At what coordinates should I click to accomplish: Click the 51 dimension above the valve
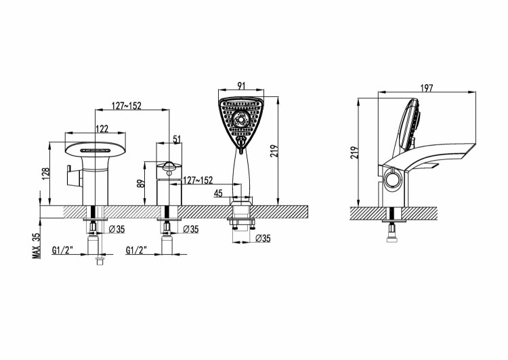tap(177, 139)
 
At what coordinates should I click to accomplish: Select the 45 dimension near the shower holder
tap(218, 194)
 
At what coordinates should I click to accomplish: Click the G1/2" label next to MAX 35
tap(62, 249)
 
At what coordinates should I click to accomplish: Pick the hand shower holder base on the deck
tap(241, 203)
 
